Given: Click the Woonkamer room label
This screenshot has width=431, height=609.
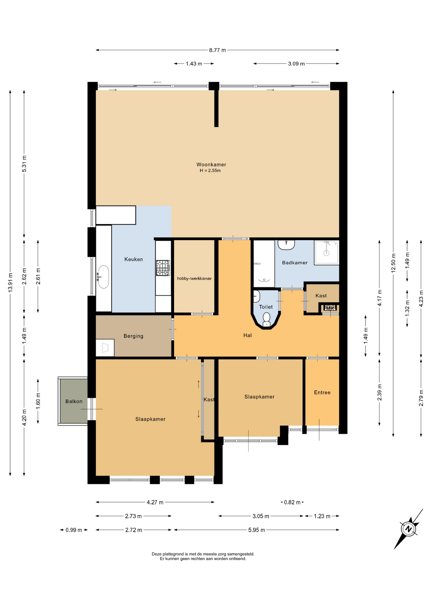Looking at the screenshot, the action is (211, 164).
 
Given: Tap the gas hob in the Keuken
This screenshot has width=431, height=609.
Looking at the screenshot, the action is (163, 268).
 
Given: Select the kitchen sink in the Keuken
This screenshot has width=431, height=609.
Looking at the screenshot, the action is (103, 277).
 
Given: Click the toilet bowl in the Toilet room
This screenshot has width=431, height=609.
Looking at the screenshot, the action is (267, 319).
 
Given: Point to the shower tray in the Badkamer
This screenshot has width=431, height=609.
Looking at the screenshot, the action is (327, 252).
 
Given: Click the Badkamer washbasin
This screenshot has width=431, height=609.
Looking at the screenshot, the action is (286, 245).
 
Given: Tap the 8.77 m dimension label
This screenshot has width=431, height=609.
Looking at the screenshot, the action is (217, 50).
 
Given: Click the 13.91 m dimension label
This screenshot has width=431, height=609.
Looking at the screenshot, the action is (10, 282).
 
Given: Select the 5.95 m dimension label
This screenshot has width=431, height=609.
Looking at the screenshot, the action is (256, 530).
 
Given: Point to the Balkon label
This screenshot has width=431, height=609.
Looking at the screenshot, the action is (74, 401).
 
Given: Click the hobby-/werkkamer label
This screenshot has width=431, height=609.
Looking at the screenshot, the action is (194, 278).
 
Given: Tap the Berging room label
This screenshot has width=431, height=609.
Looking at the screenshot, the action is (133, 336).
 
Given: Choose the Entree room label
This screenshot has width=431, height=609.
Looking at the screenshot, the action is (322, 392).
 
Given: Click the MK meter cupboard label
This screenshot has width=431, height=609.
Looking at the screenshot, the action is (330, 308).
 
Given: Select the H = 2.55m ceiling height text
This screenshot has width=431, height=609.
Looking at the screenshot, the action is (210, 171).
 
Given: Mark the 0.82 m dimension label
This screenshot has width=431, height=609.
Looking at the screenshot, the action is (292, 502).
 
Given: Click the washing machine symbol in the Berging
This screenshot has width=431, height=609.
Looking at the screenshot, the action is (105, 348).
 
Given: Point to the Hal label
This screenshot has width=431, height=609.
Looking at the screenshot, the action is (247, 335).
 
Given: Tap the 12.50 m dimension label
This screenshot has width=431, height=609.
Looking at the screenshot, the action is (394, 263).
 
